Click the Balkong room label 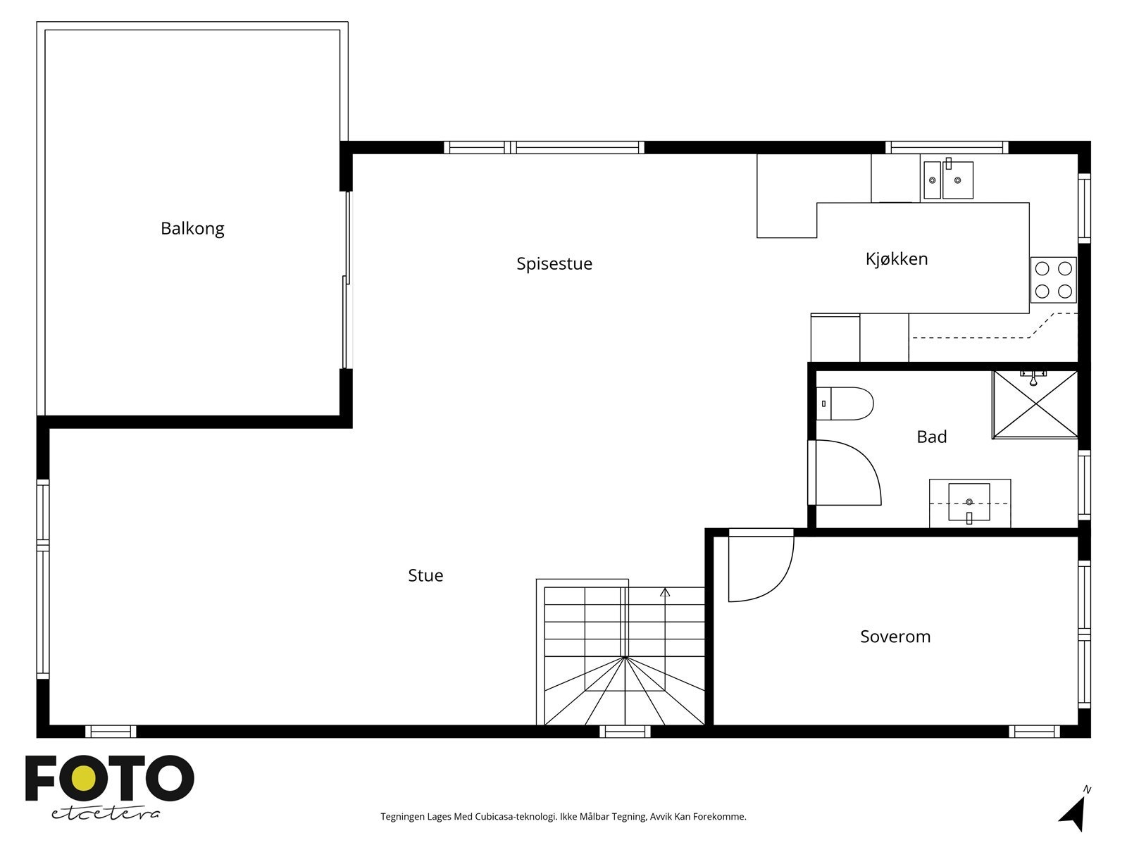pyautogui.click(x=192, y=229)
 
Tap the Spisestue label pyautogui.click(x=554, y=264)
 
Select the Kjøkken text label pyautogui.click(x=896, y=259)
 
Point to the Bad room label pyautogui.click(x=931, y=437)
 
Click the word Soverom pyautogui.click(x=895, y=637)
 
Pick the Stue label pyautogui.click(x=425, y=575)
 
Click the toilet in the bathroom pyautogui.click(x=845, y=403)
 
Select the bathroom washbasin pyautogui.click(x=969, y=503)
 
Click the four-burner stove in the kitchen pyautogui.click(x=1053, y=280)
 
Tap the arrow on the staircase pyautogui.click(x=665, y=593)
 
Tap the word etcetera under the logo pyautogui.click(x=106, y=813)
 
